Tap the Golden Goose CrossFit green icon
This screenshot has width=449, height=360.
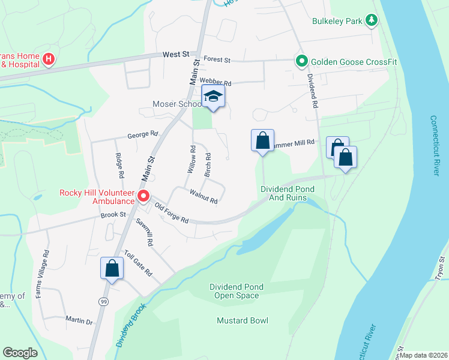[x=301, y=61]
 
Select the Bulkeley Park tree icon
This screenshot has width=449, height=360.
[x=372, y=21]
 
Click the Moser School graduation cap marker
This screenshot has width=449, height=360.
[x=213, y=97]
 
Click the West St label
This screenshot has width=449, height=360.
[x=176, y=55]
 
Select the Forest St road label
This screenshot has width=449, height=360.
[x=217, y=60]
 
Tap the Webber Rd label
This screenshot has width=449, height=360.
[x=215, y=81]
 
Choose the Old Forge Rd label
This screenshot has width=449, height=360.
[x=172, y=213]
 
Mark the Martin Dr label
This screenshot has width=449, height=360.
[x=79, y=321]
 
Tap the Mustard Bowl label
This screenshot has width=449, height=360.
[x=243, y=320]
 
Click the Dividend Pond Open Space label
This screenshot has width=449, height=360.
[x=234, y=291]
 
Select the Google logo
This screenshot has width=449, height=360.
[x=20, y=353]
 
